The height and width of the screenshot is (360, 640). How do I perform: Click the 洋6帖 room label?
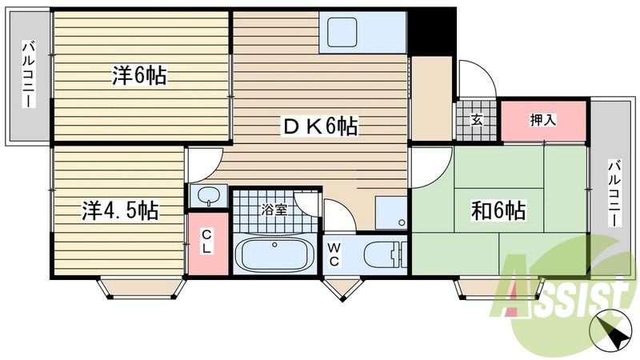(138, 76)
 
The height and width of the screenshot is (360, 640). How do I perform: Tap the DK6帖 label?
(318, 126)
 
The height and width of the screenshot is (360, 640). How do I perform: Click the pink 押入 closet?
(543, 120)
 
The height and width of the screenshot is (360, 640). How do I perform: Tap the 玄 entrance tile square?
(477, 121)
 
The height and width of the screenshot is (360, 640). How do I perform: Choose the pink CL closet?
(207, 242)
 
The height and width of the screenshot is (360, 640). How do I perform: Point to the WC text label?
(334, 254)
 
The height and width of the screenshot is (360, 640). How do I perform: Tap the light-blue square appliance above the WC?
(390, 211)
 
